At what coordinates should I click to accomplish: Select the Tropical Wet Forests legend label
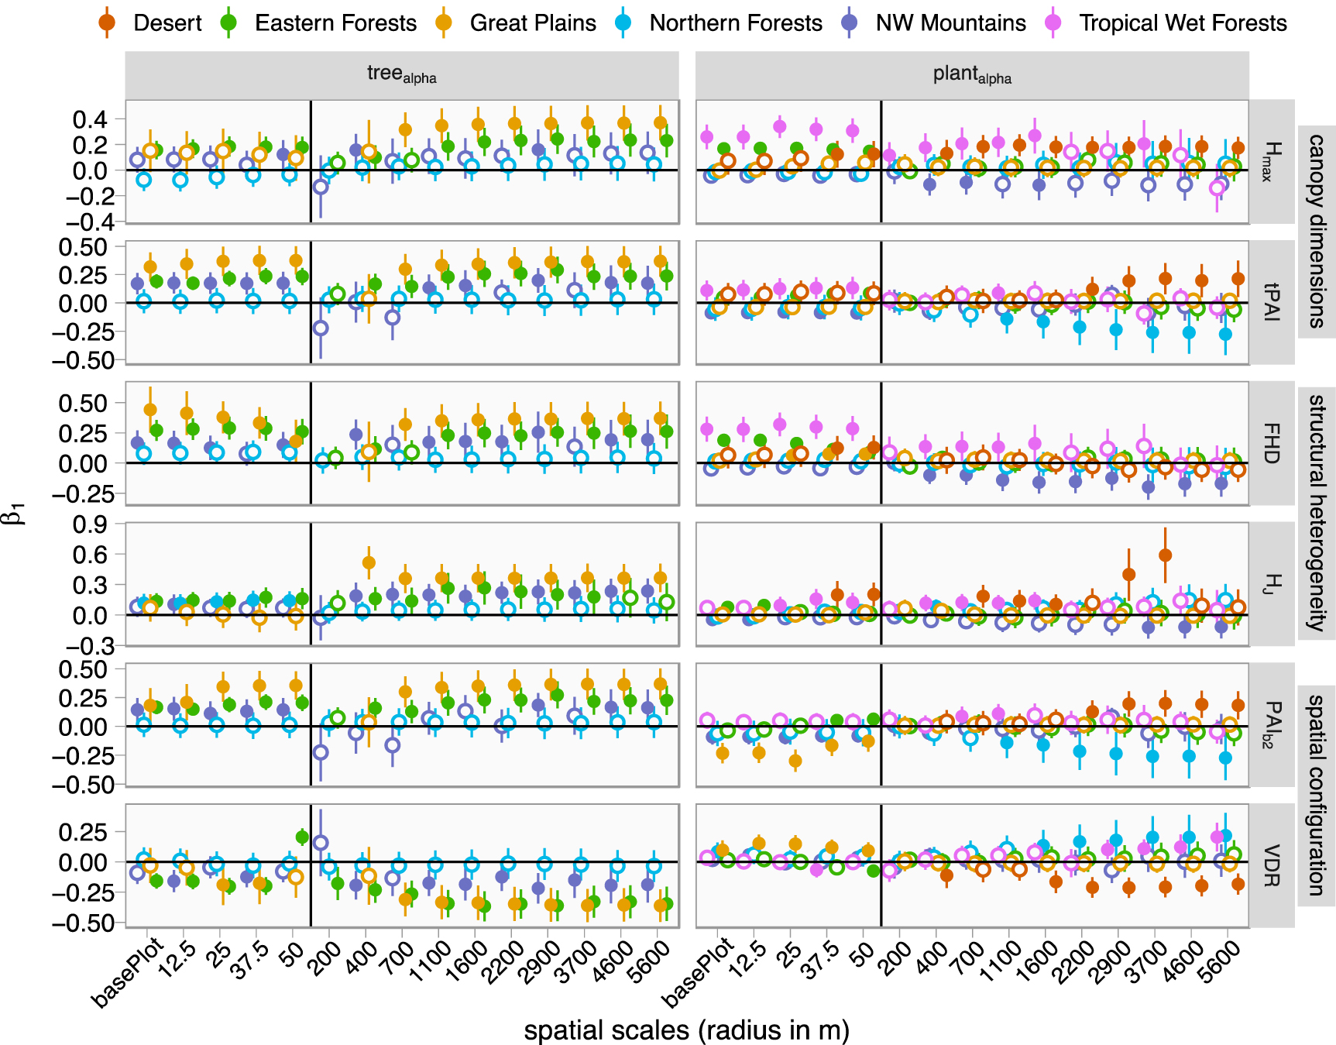tap(1183, 23)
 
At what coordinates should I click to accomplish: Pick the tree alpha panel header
tap(401, 75)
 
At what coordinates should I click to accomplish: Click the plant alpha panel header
tap(971, 75)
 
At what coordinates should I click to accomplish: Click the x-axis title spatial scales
tap(686, 1030)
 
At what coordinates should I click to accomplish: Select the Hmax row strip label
tap(1271, 161)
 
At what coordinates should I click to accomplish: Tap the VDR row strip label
tap(1271, 865)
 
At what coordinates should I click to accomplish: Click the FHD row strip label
tap(1271, 443)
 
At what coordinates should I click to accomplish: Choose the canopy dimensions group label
tap(1317, 231)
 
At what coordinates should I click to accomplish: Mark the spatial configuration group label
tap(1317, 795)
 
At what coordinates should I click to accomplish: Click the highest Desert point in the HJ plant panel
tap(1165, 555)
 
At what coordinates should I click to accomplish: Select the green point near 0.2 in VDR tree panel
tap(302, 837)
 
